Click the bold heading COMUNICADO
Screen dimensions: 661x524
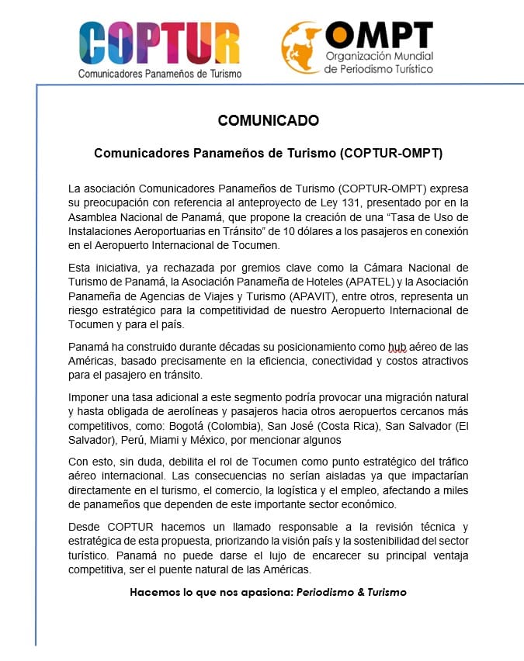coord(268,120)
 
